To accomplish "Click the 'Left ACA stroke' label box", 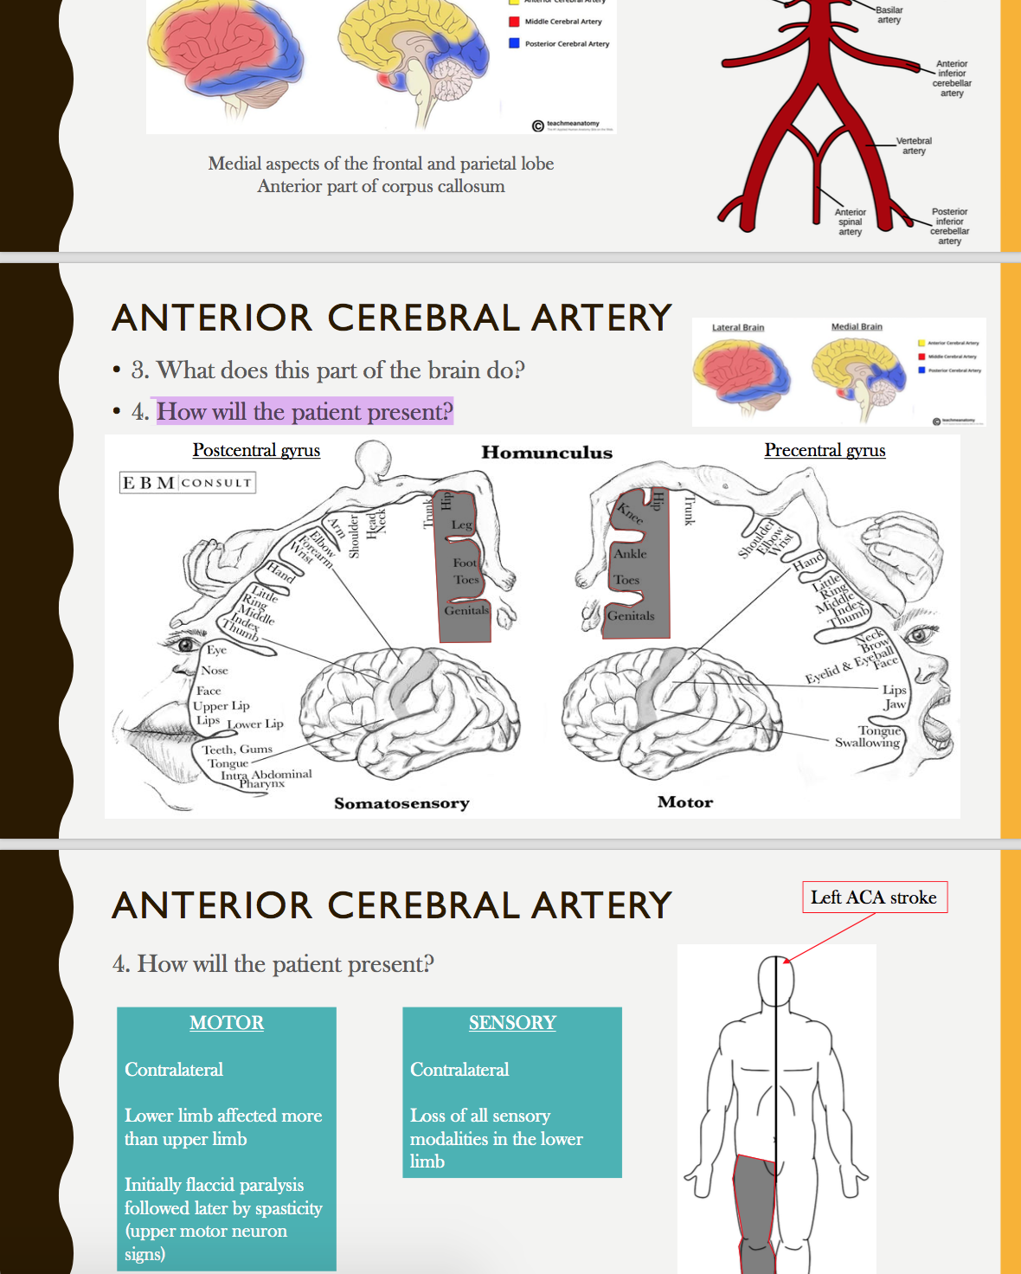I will [x=873, y=898].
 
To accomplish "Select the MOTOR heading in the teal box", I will [x=227, y=1022].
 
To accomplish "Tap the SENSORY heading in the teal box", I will [x=512, y=1022].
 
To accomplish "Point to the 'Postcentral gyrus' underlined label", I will [x=256, y=450].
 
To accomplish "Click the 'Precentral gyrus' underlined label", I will [x=825, y=450].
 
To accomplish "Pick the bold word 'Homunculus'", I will [x=547, y=453].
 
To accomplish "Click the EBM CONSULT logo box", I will [x=187, y=482].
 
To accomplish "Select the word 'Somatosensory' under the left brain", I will [x=401, y=803].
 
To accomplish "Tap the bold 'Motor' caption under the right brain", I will [x=685, y=802].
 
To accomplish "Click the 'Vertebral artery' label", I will [x=914, y=145].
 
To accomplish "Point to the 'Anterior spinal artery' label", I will [x=850, y=222].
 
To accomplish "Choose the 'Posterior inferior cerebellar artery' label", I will [x=949, y=226].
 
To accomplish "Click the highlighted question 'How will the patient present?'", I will [x=304, y=411].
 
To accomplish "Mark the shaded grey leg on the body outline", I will [x=755, y=1212].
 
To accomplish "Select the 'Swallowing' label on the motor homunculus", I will [x=867, y=743].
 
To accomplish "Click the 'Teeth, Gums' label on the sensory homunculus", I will [x=237, y=750].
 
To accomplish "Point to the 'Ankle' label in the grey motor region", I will [x=630, y=554].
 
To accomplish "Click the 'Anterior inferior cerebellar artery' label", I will [x=952, y=78].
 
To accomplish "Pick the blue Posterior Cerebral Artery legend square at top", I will [x=514, y=42].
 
